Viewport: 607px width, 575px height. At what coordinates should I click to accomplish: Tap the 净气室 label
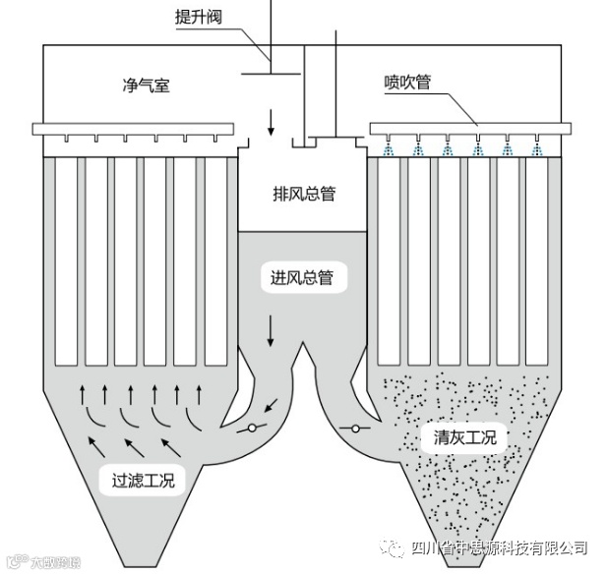pos(141,85)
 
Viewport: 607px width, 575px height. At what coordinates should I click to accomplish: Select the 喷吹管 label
pos(407,84)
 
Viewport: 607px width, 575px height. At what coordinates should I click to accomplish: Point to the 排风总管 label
pos(303,194)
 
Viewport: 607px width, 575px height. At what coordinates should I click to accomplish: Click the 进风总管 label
pos(302,278)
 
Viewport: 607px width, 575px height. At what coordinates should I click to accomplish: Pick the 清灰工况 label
pos(464,436)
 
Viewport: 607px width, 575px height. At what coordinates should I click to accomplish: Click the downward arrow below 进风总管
pos(272,334)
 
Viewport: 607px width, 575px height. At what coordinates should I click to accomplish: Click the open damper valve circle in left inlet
pos(253,428)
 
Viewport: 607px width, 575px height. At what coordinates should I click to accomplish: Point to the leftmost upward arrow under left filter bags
pos(82,395)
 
